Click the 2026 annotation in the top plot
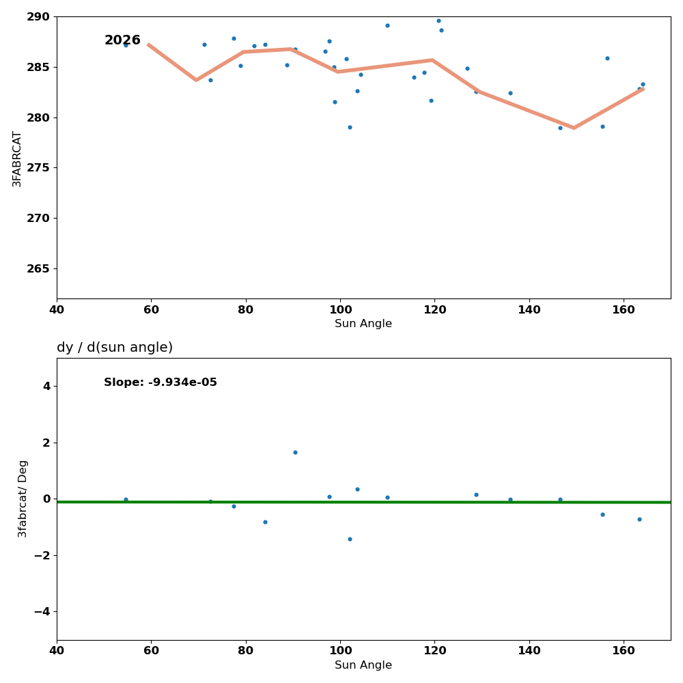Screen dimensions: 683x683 click(x=122, y=41)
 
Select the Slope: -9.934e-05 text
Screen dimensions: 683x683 click(x=161, y=382)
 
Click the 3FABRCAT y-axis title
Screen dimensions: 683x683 click(x=17, y=158)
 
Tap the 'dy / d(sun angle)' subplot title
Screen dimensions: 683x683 click(x=115, y=348)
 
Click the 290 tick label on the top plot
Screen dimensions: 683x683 click(x=38, y=16)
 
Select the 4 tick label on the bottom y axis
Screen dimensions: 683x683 click(x=46, y=386)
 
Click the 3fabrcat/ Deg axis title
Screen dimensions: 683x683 click(x=23, y=499)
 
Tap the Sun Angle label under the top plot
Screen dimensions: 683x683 click(x=363, y=324)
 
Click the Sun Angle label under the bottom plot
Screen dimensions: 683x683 click(x=363, y=665)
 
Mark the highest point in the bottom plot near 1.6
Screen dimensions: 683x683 click(x=295, y=452)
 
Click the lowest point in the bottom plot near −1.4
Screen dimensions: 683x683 click(x=350, y=539)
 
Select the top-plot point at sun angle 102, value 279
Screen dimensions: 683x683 click(x=350, y=127)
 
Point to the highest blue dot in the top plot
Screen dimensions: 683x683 click(x=438, y=20)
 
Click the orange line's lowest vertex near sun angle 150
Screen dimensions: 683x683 click(x=574, y=128)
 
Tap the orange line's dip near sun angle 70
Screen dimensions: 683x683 click(x=196, y=80)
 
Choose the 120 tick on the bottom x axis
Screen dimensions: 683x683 click(x=434, y=651)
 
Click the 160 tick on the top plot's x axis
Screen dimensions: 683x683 click(x=624, y=309)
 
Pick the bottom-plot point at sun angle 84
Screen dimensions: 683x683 click(x=265, y=522)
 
